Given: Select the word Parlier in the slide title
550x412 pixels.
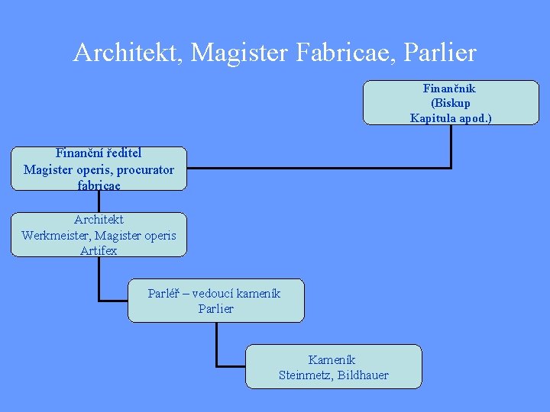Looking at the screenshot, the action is tap(438, 53).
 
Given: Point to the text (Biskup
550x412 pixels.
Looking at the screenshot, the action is tap(450, 103).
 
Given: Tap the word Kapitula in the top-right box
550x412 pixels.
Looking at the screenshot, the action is tap(432, 117).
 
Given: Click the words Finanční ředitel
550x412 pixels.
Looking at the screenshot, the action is tap(99, 153).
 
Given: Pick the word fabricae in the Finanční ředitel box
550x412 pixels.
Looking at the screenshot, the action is tap(99, 185).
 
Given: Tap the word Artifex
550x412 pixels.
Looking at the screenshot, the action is tap(99, 250).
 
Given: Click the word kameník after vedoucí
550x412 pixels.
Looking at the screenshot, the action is tap(258, 293).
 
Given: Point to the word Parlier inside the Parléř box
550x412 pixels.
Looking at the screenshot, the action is tap(215, 308).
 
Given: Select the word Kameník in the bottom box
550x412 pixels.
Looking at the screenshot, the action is tap(332, 359).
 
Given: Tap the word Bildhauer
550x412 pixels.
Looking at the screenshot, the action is tap(363, 375).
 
